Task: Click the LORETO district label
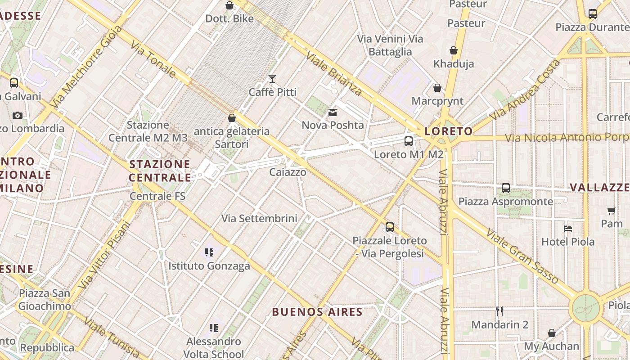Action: point(449,131)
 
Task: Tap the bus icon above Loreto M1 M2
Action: point(409,141)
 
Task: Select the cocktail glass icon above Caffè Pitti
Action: point(272,79)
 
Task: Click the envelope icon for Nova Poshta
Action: point(333,112)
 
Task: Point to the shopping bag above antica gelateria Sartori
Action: point(232,118)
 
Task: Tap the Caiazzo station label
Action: point(288,172)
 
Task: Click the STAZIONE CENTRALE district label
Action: point(160,171)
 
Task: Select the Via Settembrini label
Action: point(259,218)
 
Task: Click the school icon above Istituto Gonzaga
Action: point(209,252)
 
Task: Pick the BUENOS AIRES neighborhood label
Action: point(317,312)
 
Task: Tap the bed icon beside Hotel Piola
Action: point(568,229)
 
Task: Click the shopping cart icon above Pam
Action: point(611,211)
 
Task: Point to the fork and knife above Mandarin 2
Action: point(499,311)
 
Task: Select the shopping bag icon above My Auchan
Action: point(552,333)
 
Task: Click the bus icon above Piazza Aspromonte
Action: point(506,188)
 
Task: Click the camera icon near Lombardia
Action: point(18,115)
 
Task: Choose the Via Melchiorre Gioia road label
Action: point(86,66)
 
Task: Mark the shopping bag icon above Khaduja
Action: point(454,50)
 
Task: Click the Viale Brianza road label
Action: point(334,74)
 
